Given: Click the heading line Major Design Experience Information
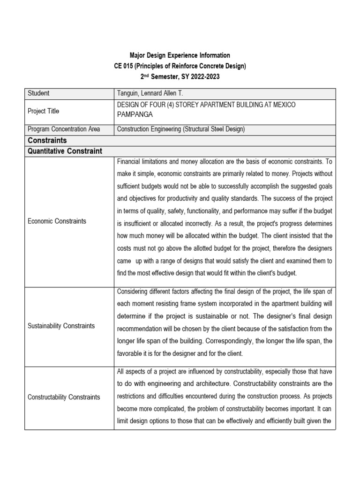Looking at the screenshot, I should tap(180, 55).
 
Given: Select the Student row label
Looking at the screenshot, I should tap(38, 93).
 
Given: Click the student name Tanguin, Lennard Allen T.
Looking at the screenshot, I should tap(151, 93).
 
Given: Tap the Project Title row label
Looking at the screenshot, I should tap(44, 111).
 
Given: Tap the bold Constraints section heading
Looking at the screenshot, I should tap(47, 140).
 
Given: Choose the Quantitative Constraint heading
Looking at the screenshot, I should tap(65, 151).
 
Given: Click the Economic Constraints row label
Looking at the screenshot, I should tap(57, 221).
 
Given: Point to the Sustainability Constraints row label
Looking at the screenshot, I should tap(61, 326).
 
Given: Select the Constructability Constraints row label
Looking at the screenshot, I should tap(64, 397).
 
